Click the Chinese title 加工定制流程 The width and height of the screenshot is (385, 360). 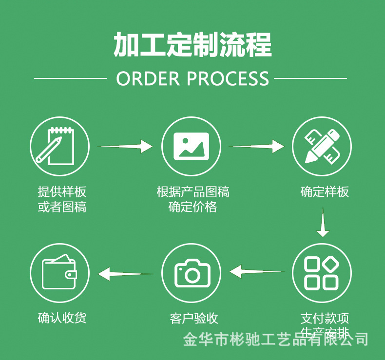(x=192, y=45)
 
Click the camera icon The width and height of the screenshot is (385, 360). (x=191, y=274)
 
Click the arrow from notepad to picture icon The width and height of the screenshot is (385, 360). (x=125, y=146)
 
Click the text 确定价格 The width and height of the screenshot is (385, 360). (x=192, y=207)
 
